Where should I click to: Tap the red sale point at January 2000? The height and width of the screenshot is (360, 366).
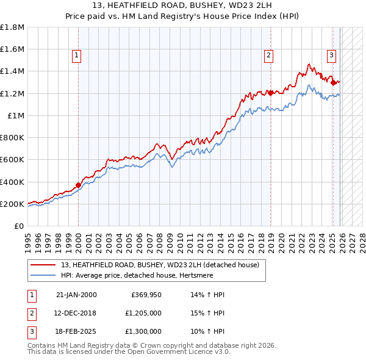click(x=78, y=185)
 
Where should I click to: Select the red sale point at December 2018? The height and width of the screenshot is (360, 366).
click(x=270, y=93)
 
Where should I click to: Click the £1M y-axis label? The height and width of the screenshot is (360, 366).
click(x=16, y=115)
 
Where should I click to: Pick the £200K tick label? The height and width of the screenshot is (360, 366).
click(x=12, y=204)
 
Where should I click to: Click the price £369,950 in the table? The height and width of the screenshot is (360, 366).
click(x=146, y=295)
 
